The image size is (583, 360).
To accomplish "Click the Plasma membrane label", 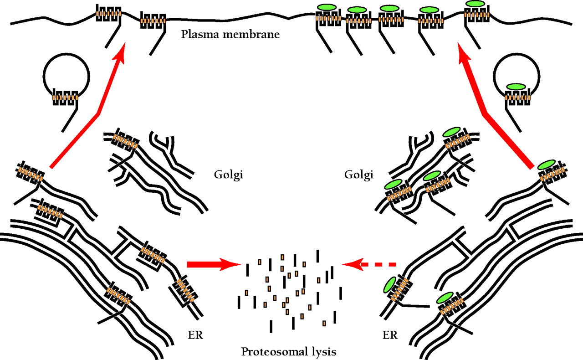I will (230, 35).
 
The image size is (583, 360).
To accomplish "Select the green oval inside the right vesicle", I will (516, 87).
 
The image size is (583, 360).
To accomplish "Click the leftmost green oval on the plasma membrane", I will (327, 8).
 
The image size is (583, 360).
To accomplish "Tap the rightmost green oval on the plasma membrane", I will (475, 4).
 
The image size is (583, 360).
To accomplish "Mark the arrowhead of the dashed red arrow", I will (348, 264).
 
